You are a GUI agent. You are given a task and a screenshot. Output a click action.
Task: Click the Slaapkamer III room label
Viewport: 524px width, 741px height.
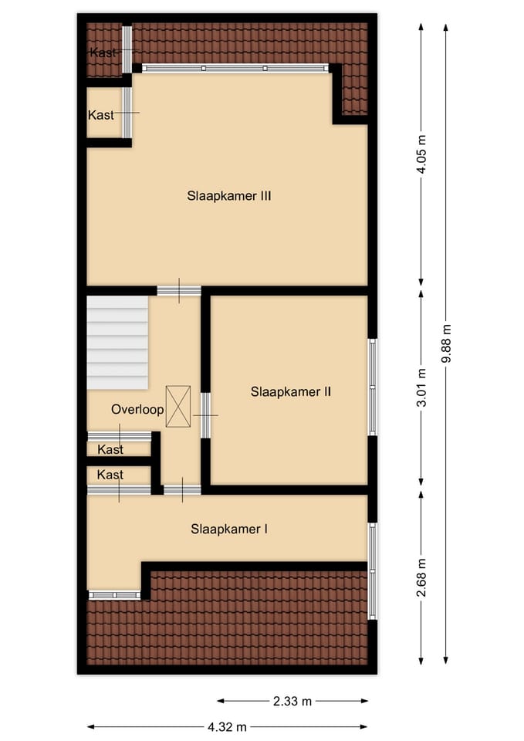pos(228,196)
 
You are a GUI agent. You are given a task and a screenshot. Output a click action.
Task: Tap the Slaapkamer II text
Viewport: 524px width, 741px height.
pos(291,391)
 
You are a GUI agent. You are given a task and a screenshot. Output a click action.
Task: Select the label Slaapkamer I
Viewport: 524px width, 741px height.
pos(229,530)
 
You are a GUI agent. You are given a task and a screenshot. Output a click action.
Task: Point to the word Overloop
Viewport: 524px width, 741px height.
pos(137,409)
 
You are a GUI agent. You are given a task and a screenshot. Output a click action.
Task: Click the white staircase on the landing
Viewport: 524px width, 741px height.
pos(117,343)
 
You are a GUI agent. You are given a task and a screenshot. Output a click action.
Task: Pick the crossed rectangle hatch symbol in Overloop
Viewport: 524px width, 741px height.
pos(177,406)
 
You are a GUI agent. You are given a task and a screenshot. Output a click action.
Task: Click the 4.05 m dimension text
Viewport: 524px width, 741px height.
pos(421,154)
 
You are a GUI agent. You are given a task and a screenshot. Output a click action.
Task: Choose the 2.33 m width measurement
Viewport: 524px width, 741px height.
pos(292,701)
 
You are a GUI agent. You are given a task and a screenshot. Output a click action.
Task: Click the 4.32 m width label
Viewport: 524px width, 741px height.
pos(228,726)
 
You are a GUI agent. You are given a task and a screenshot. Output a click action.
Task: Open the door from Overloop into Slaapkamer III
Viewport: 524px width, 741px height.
pos(179,291)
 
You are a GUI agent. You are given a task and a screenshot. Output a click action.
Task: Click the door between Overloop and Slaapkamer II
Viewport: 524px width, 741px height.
pos(205,415)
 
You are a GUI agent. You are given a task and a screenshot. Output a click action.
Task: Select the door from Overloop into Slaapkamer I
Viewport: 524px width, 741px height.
pos(182,489)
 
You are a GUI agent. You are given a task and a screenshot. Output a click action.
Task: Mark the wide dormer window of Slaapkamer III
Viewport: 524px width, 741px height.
pos(235,69)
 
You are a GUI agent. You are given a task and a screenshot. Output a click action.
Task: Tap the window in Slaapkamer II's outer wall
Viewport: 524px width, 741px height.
pos(372,387)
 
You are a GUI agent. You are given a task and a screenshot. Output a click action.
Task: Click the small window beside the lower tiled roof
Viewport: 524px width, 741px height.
pos(114,595)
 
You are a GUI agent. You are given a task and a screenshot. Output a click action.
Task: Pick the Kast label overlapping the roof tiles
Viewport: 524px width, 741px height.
pos(103,52)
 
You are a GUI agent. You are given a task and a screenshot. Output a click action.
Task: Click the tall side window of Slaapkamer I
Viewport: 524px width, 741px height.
pos(372,570)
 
